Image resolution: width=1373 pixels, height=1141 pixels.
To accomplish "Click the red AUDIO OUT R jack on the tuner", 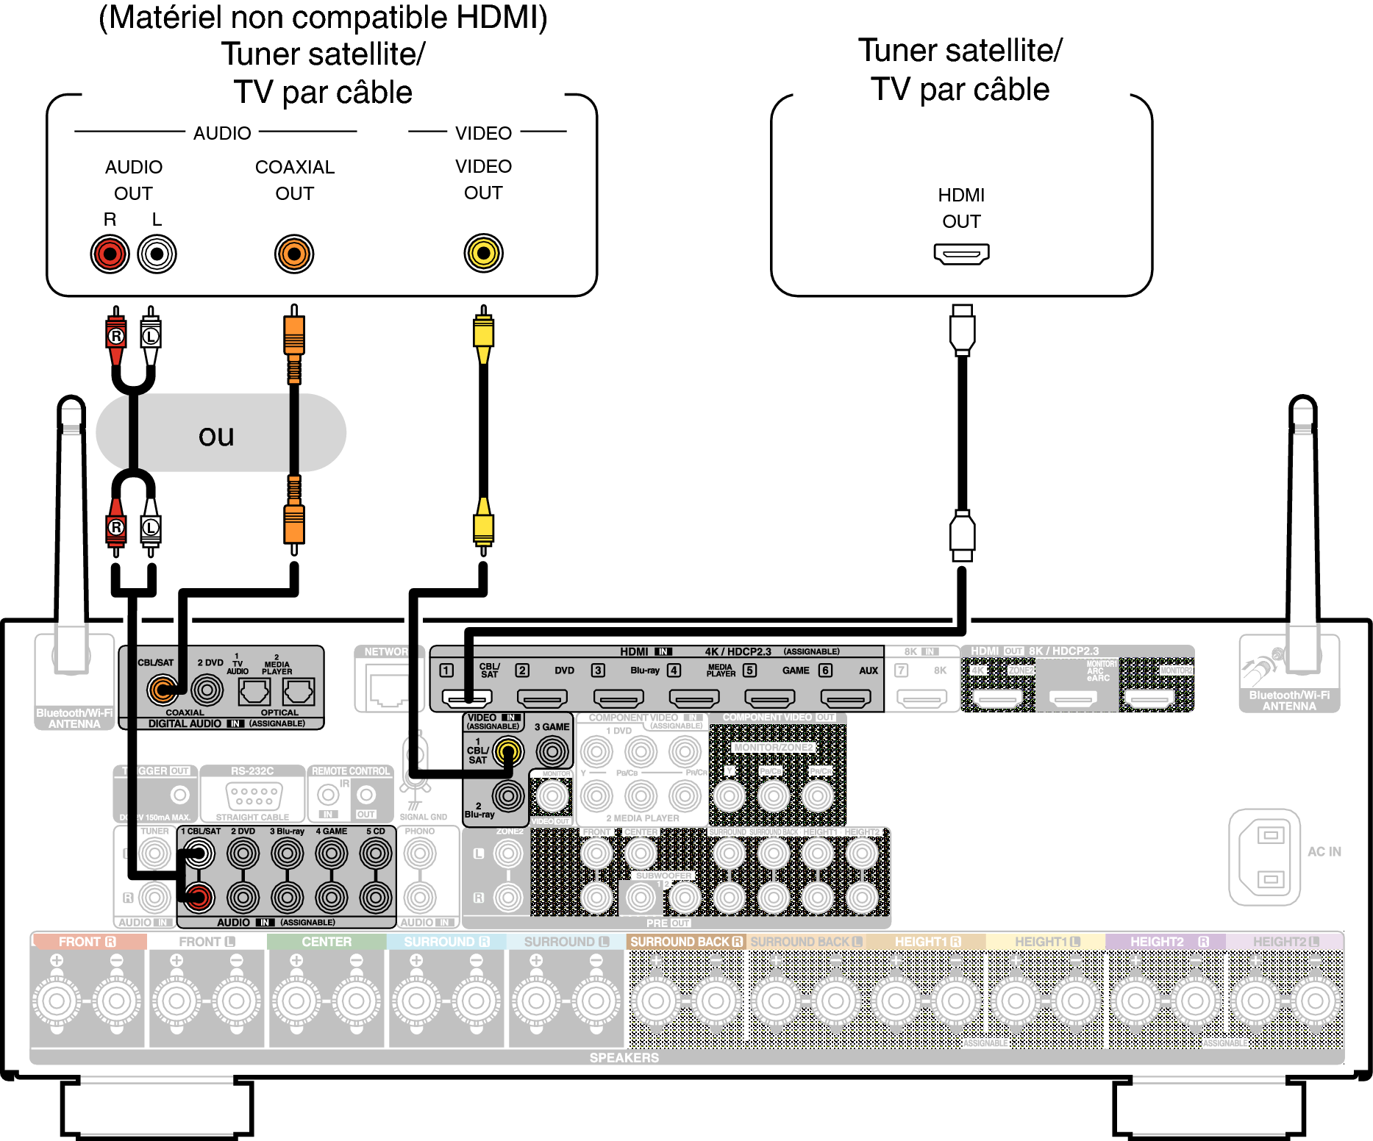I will click(110, 254).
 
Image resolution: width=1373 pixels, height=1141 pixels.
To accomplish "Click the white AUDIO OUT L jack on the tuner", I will click(157, 254).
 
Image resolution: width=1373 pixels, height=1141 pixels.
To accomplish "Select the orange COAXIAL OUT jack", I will click(294, 254).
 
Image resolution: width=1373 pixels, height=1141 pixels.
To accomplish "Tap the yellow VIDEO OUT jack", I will click(483, 254).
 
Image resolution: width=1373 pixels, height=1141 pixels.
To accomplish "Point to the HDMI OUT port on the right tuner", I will click(961, 254).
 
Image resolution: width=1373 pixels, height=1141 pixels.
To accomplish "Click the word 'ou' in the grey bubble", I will click(216, 435).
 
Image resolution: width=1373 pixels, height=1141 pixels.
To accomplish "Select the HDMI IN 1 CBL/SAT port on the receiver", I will click(467, 697).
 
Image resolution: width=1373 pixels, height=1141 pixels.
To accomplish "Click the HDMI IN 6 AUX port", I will click(845, 697).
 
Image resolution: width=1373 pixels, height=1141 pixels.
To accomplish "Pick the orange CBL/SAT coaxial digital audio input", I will click(162, 690).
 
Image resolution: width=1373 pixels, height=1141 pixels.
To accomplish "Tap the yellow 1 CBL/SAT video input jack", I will click(507, 751).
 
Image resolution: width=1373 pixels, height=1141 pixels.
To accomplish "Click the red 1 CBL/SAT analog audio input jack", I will click(198, 897).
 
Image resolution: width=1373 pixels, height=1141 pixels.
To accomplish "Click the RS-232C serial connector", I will click(253, 795).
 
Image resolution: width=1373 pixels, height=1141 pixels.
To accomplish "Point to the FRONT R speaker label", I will click(88, 942).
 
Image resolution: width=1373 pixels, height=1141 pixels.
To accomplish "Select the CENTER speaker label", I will click(327, 942).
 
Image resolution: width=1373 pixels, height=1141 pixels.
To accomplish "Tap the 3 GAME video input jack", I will click(552, 751).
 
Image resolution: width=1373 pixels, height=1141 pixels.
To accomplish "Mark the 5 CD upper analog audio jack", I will click(376, 854).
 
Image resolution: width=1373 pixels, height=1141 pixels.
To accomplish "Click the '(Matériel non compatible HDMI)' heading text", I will click(323, 18).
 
